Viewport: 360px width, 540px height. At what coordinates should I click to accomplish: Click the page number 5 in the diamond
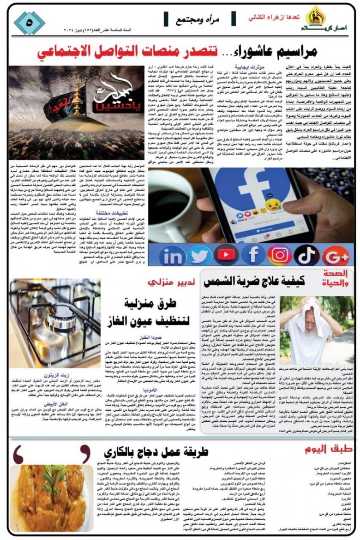click(30, 22)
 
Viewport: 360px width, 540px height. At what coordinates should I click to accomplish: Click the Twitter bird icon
click(199, 255)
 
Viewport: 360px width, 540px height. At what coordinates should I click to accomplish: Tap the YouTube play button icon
click(226, 255)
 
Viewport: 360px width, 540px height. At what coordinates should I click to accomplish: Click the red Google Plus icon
click(336, 255)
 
